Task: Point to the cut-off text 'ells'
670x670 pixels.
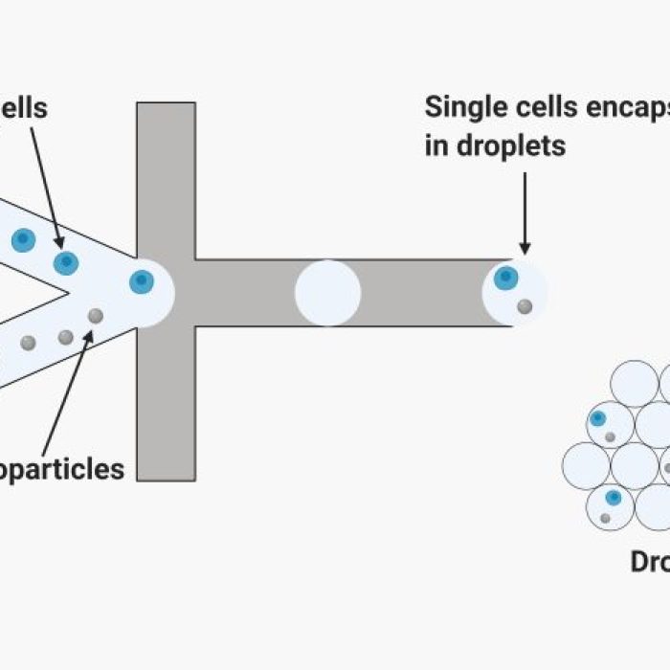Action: pos(27,107)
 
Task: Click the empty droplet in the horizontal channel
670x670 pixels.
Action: pos(327,293)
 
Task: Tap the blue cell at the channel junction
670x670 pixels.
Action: pos(142,281)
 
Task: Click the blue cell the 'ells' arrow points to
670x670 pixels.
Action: pos(65,261)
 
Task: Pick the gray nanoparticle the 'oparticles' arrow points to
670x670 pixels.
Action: pos(95,316)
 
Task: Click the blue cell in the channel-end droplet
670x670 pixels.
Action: pos(505,279)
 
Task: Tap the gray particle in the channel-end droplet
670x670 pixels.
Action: pos(525,306)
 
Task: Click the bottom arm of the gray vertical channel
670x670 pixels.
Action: pos(166,402)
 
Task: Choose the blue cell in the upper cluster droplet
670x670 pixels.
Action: pos(598,418)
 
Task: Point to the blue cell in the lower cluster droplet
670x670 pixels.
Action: pos(613,498)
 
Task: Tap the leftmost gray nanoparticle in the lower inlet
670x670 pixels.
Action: pos(28,343)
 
